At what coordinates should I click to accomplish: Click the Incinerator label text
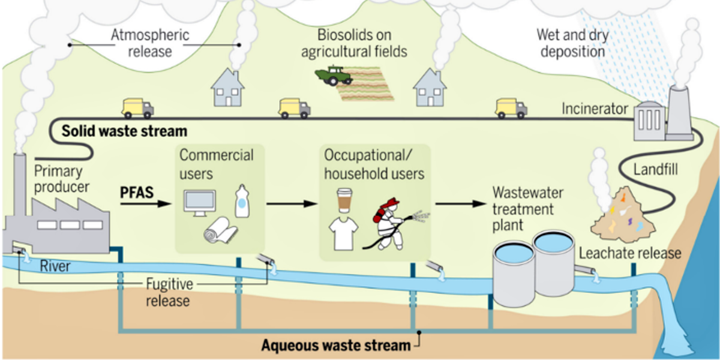tap(595, 109)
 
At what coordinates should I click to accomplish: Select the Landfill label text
tap(656, 170)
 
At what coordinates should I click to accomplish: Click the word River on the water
tap(56, 265)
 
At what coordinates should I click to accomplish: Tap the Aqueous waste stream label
tap(336, 346)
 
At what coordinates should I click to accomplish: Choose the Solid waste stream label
tap(125, 130)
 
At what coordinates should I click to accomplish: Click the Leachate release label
tap(630, 253)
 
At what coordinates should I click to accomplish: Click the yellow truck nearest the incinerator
tap(511, 108)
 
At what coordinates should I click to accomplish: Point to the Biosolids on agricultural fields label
tap(353, 43)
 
